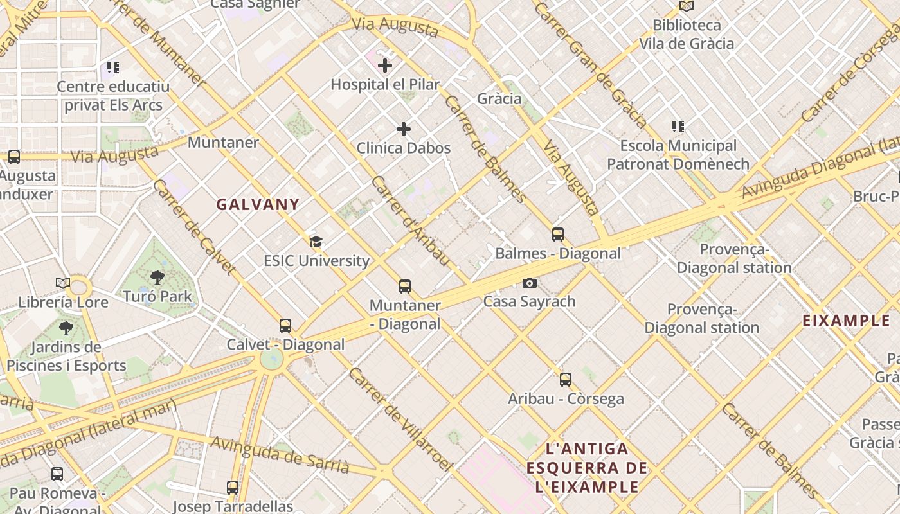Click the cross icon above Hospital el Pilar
385,66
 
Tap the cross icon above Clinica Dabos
404,130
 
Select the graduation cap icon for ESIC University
316,242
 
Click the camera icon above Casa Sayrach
529,283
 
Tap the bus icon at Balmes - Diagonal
558,235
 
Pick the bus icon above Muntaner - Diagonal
404,287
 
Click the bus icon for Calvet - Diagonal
285,326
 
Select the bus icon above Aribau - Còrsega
566,380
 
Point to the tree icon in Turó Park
157,278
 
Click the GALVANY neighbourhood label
258,205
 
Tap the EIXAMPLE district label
846,321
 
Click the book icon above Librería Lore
62,283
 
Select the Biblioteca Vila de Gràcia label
687,34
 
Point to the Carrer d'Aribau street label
410,220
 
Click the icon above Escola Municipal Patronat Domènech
678,127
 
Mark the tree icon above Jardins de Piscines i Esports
66,328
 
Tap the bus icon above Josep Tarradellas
233,488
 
